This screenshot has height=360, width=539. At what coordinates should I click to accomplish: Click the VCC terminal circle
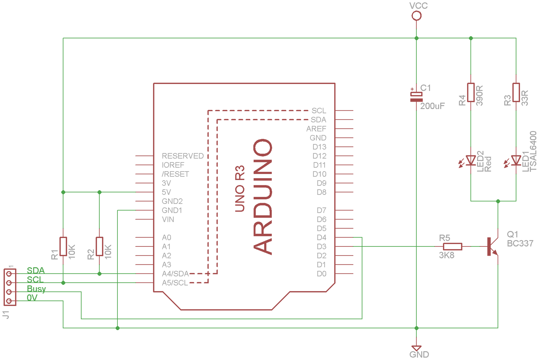[416, 16]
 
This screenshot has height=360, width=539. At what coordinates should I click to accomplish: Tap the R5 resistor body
[452, 247]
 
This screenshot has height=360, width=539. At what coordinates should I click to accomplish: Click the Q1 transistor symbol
[492, 246]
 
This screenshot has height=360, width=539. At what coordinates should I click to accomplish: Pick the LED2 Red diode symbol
[470, 161]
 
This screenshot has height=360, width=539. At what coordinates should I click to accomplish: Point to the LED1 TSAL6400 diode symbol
[516, 161]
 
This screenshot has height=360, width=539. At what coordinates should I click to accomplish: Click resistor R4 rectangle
[471, 92]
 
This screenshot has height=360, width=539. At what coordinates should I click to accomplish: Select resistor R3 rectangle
[516, 92]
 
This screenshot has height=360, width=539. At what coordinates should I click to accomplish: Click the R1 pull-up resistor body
[63, 246]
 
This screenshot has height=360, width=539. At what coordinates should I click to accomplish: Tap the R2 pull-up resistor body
[100, 246]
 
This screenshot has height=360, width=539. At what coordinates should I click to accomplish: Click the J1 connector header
[10, 287]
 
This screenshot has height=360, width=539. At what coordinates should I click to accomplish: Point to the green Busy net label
[36, 289]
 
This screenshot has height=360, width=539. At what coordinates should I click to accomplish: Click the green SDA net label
[36, 271]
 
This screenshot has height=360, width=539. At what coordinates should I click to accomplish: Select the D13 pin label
[319, 147]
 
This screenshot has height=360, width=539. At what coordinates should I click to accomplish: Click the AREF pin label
[316, 129]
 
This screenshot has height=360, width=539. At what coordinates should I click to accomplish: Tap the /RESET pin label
[175, 174]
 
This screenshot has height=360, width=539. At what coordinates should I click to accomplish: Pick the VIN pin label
[168, 220]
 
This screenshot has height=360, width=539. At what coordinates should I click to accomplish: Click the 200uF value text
[432, 106]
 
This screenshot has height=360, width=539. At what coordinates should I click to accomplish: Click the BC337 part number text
[520, 244]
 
